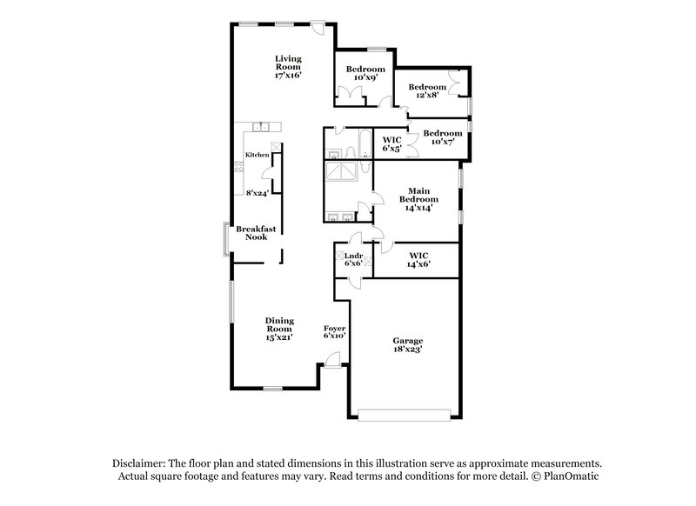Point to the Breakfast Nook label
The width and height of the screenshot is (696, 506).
click(256, 233)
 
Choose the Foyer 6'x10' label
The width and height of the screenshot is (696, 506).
click(335, 331)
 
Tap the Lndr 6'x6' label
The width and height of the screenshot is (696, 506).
click(352, 259)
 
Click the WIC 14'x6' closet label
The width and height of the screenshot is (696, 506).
click(419, 259)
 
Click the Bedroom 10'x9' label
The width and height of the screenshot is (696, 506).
click(365, 73)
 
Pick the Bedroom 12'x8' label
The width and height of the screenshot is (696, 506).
click(427, 91)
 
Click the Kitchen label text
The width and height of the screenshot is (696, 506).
click(257, 155)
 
